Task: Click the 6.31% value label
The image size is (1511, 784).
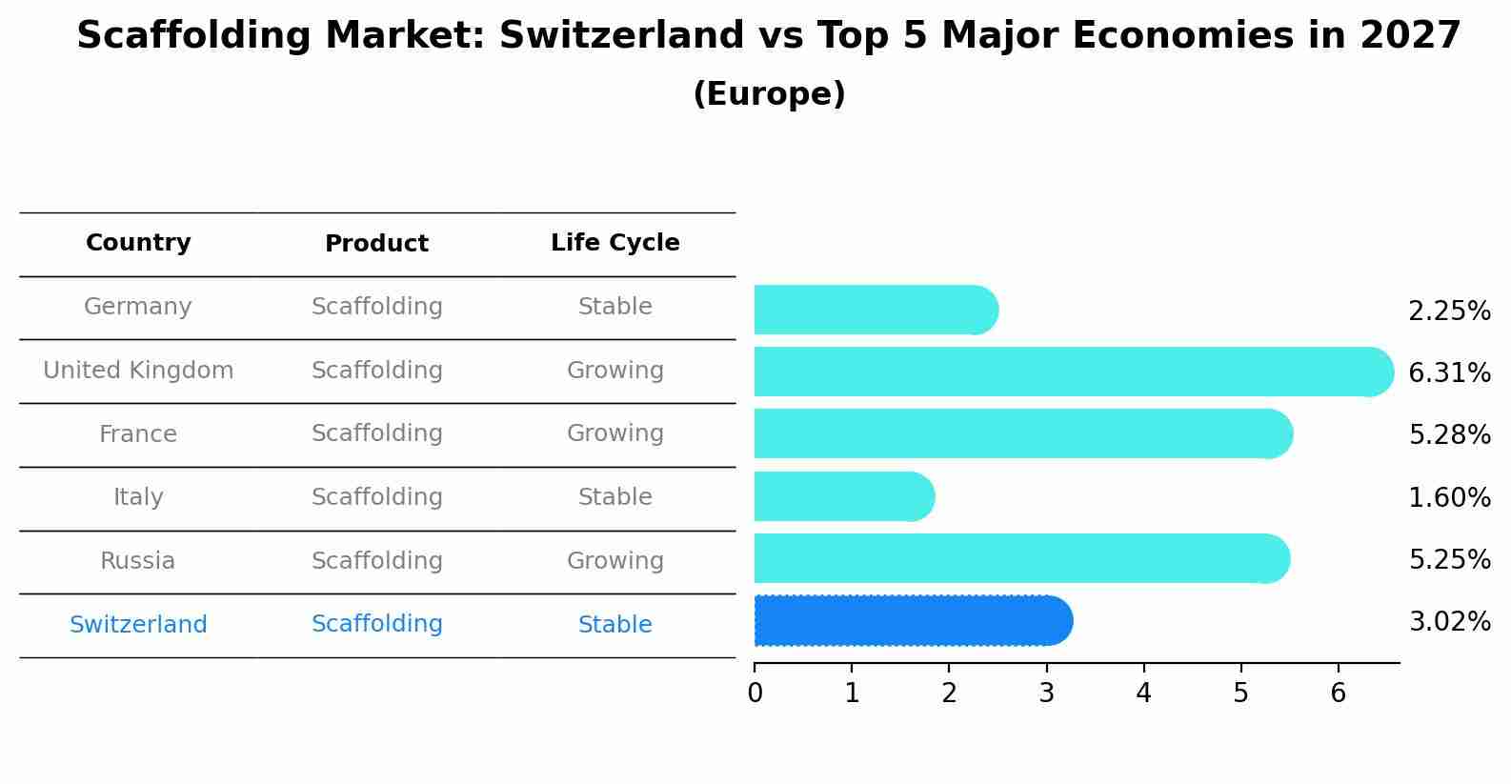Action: [1448, 372]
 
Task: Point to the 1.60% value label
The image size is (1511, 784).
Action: [1448, 497]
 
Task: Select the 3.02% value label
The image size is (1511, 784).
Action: [1448, 622]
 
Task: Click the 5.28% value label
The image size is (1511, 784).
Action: [1448, 435]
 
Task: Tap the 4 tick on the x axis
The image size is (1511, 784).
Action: [1143, 694]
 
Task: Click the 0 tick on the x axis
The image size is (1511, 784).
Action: [755, 694]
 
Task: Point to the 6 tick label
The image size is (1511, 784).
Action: [1338, 694]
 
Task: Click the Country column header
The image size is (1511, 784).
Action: [138, 243]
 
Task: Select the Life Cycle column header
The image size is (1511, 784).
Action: [614, 243]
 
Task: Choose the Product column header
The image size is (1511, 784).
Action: [376, 244]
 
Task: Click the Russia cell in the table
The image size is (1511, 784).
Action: [138, 561]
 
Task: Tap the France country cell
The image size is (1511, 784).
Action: [138, 434]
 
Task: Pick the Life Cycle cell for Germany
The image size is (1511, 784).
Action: [614, 307]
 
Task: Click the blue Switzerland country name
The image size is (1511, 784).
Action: [138, 625]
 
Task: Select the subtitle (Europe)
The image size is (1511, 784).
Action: [769, 94]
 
